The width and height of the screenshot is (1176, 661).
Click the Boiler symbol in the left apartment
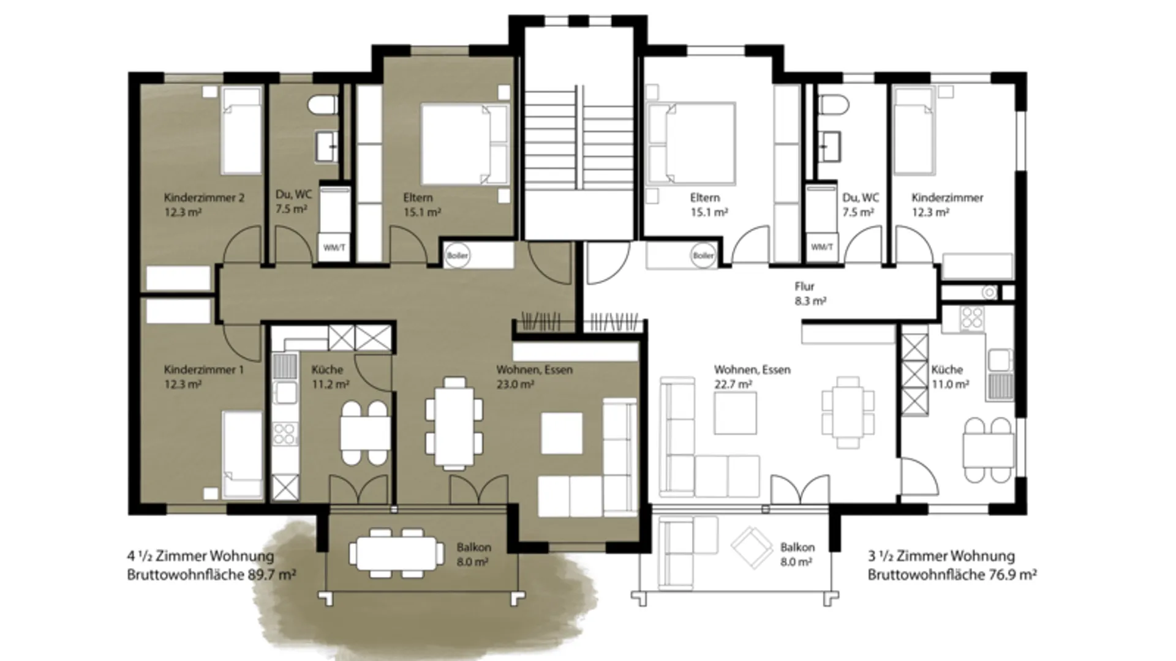[x=458, y=255]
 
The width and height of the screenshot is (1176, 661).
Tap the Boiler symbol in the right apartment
[x=703, y=255]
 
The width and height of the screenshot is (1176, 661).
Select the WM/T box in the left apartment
[x=334, y=248]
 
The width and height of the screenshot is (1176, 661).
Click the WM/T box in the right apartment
[x=821, y=247]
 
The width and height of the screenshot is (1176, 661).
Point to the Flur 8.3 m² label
[x=810, y=294]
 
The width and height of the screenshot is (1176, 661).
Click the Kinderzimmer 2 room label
[x=204, y=205]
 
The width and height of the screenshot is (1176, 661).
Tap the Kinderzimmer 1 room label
[x=203, y=377]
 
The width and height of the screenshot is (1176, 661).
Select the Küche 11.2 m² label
[x=330, y=377]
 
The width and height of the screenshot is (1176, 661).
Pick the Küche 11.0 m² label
[x=950, y=377]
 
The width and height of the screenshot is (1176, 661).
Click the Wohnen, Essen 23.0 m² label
[x=534, y=377]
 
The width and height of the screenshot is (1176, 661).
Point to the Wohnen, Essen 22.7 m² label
[x=752, y=377]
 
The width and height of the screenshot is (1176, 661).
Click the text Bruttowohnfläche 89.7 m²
[x=212, y=575]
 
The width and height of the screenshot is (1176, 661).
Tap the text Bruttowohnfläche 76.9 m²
[x=952, y=575]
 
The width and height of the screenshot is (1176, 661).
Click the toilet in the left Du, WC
[x=323, y=105]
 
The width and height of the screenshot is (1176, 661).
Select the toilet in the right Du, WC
[x=832, y=105]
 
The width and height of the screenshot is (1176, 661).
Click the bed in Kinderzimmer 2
[x=241, y=131]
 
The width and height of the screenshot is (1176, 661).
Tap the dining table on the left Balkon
[x=397, y=553]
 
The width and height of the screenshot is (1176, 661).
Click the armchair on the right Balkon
[x=752, y=548]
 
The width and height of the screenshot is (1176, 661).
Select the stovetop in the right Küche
[x=972, y=318]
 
